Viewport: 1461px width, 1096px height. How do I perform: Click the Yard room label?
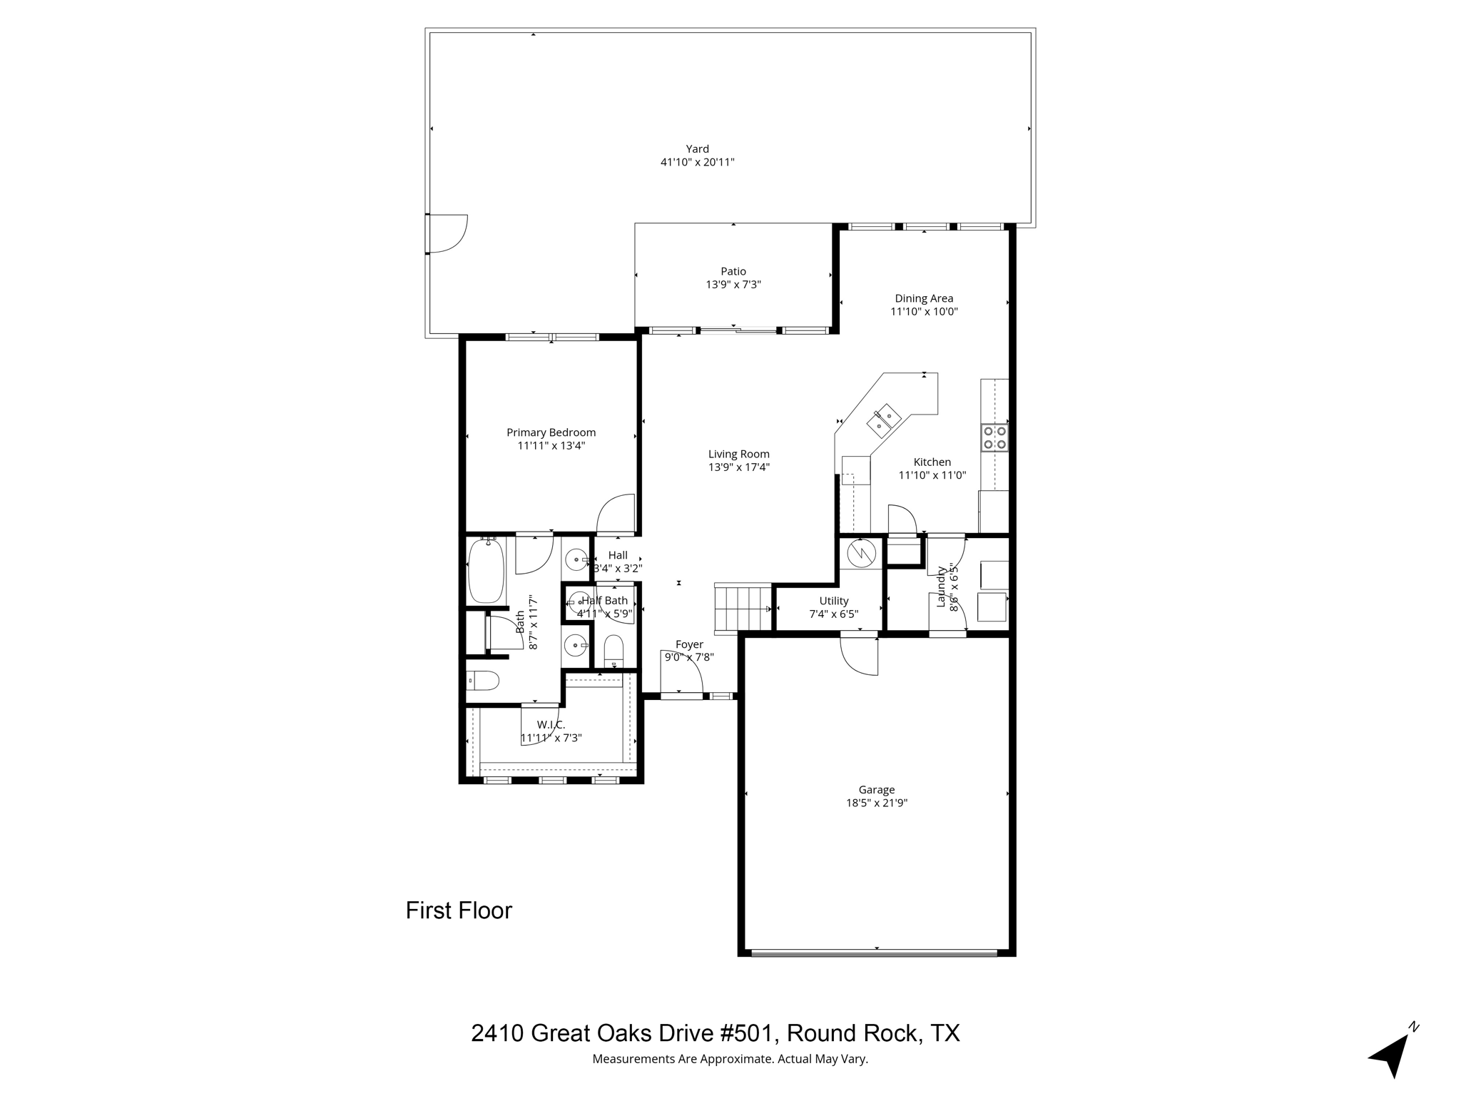point(697,149)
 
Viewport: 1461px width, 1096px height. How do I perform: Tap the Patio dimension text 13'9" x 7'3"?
point(733,285)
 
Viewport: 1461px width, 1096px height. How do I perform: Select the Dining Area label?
point(924,298)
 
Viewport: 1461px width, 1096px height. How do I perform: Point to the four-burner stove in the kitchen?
point(994,437)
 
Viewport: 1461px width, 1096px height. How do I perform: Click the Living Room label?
point(738,454)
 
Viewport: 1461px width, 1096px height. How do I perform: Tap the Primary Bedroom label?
point(551,432)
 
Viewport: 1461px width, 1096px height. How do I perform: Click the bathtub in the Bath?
point(487,572)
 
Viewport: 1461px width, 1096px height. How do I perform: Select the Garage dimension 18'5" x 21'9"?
point(876,803)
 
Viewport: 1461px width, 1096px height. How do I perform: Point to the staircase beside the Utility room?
point(743,607)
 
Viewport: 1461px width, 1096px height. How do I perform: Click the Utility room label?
point(833,601)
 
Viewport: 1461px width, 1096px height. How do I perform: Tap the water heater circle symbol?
point(860,552)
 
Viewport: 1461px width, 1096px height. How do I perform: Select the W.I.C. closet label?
point(551,725)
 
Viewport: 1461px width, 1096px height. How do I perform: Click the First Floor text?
point(459,910)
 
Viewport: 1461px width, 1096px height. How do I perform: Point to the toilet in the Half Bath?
point(613,651)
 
